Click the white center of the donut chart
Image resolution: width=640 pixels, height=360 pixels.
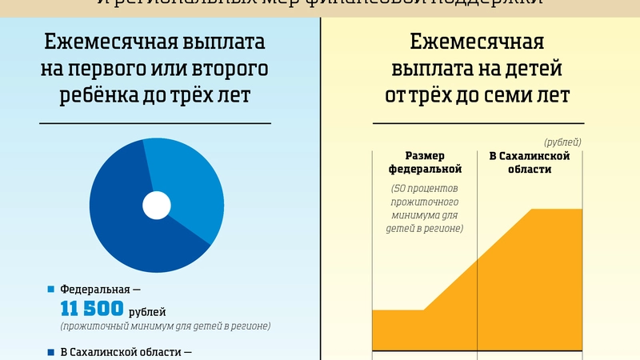(156, 206)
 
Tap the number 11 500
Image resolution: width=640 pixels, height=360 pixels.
(92, 309)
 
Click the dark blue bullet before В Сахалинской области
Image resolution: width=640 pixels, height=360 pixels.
(52, 352)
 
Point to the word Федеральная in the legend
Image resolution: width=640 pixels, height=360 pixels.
(94, 289)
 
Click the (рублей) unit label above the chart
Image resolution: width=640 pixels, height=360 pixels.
(562, 142)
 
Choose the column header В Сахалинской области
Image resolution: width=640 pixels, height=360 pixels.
(529, 162)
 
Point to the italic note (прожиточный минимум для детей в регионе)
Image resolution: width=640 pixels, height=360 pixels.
(165, 326)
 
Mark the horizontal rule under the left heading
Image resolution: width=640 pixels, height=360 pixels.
(155, 123)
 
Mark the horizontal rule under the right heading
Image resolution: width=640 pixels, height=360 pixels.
(478, 123)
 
